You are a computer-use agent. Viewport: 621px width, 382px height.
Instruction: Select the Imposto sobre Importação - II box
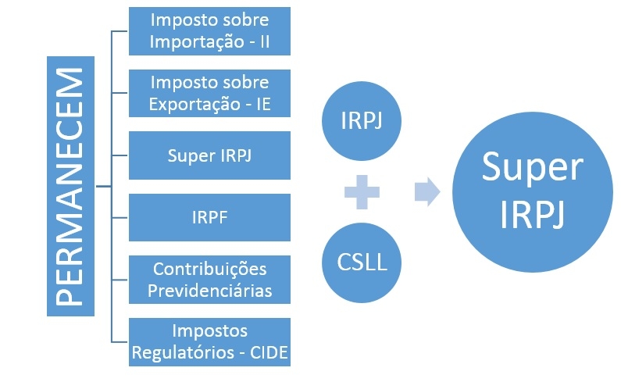(209, 31)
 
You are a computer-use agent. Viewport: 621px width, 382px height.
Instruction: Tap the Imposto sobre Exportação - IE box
(209, 93)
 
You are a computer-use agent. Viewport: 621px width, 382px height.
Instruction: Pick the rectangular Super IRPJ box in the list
(209, 155)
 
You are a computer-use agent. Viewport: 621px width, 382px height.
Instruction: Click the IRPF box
(209, 217)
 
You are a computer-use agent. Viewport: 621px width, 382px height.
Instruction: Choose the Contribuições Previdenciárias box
(209, 280)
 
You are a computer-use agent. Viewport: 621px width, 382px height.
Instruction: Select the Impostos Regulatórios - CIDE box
(209, 341)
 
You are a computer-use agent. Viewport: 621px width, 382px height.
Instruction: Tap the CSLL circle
(361, 259)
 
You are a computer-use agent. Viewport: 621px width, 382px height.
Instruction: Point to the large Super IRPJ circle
(522, 191)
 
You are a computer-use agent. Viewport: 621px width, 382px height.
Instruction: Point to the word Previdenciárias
(209, 290)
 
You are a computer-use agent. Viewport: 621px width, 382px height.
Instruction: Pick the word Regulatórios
(184, 352)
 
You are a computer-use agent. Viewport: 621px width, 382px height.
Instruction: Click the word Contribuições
(209, 269)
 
